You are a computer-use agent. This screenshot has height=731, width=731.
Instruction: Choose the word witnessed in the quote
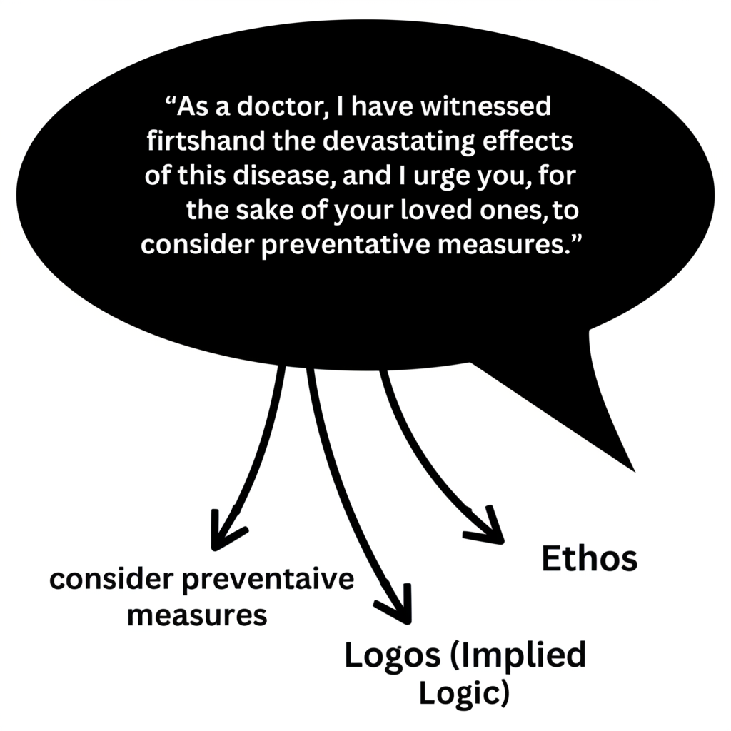(x=485, y=107)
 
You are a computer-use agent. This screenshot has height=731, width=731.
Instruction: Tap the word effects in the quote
(x=527, y=141)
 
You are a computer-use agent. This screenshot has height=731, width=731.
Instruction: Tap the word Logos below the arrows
(x=392, y=656)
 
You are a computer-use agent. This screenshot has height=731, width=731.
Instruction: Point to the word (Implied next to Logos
(x=518, y=656)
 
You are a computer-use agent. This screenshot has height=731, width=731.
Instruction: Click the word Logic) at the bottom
(x=464, y=693)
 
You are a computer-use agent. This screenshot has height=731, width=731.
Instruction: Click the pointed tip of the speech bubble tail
(x=635, y=472)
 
